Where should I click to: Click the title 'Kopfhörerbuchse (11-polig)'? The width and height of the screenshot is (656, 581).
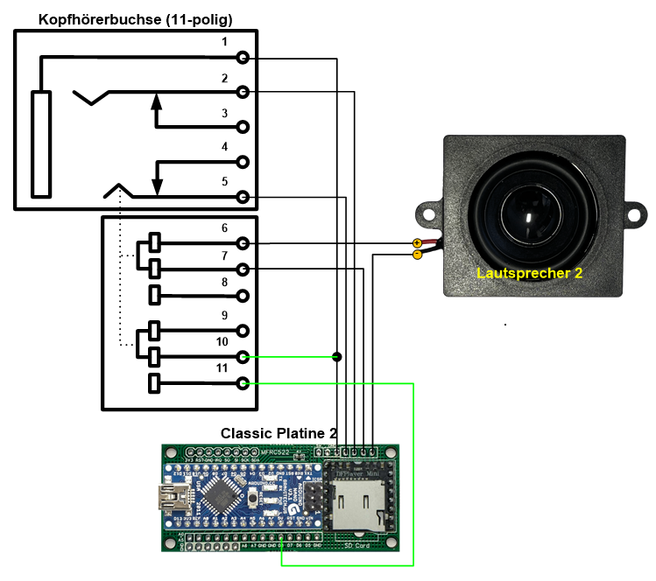pos(135,18)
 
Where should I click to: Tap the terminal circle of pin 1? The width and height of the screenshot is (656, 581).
pos(243,58)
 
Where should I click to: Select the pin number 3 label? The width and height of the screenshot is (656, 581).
pos(224,114)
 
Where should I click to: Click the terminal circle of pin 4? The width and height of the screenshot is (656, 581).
pos(243,162)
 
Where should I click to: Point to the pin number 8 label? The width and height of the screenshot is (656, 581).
pos(224,282)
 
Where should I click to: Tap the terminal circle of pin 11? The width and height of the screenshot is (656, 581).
pos(243,383)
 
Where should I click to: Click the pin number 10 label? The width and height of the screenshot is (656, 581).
pos(222,341)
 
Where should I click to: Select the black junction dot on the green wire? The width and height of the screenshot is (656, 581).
pos(337,356)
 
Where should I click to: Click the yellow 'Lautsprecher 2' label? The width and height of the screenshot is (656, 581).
pos(529,273)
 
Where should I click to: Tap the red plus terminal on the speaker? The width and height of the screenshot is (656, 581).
pos(417,242)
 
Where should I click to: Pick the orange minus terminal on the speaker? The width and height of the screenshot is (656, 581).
pos(417,255)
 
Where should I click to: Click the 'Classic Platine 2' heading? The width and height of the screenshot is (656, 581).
pos(279,433)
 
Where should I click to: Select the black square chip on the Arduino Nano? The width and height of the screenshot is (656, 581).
pos(225,496)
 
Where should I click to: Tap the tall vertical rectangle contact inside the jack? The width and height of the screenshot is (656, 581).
pos(40,143)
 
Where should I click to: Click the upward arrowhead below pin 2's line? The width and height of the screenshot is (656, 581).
pos(157,101)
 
